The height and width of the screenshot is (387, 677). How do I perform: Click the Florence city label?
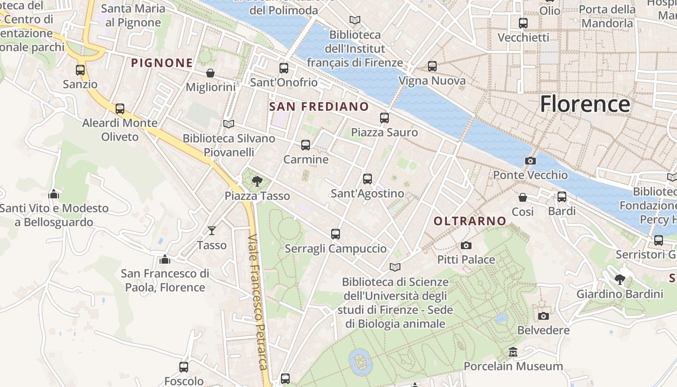click(585, 104)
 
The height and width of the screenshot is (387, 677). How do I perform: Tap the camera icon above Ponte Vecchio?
click(530, 161)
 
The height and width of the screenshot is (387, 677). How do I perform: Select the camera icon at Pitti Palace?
click(466, 245)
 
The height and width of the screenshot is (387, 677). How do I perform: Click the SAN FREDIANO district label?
click(319, 106)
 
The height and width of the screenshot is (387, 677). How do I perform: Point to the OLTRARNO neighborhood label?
click(470, 221)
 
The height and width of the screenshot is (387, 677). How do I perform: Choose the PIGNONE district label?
click(162, 63)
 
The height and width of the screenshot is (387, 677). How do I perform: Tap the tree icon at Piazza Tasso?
click(257, 181)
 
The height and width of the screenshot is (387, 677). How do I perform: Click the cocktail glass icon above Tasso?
click(212, 231)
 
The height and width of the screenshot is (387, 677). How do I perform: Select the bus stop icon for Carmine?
click(306, 145)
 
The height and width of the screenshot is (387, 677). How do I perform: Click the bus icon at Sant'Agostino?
click(368, 179)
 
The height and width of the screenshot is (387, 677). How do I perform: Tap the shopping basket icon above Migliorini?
click(210, 73)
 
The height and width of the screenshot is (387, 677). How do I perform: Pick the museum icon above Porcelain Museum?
click(513, 352)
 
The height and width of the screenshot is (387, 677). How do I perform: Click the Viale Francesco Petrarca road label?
click(257, 302)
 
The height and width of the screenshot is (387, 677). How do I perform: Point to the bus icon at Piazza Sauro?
click(384, 118)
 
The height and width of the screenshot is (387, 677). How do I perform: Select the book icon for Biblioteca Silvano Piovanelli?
click(229, 124)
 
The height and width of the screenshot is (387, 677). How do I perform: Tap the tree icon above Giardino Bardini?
click(619, 279)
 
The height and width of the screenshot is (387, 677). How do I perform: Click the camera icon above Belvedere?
click(544, 316)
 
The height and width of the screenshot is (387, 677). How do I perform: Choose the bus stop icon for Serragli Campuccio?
click(336, 234)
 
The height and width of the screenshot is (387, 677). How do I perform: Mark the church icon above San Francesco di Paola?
click(165, 259)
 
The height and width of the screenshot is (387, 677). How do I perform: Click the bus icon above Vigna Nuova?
click(432, 66)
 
